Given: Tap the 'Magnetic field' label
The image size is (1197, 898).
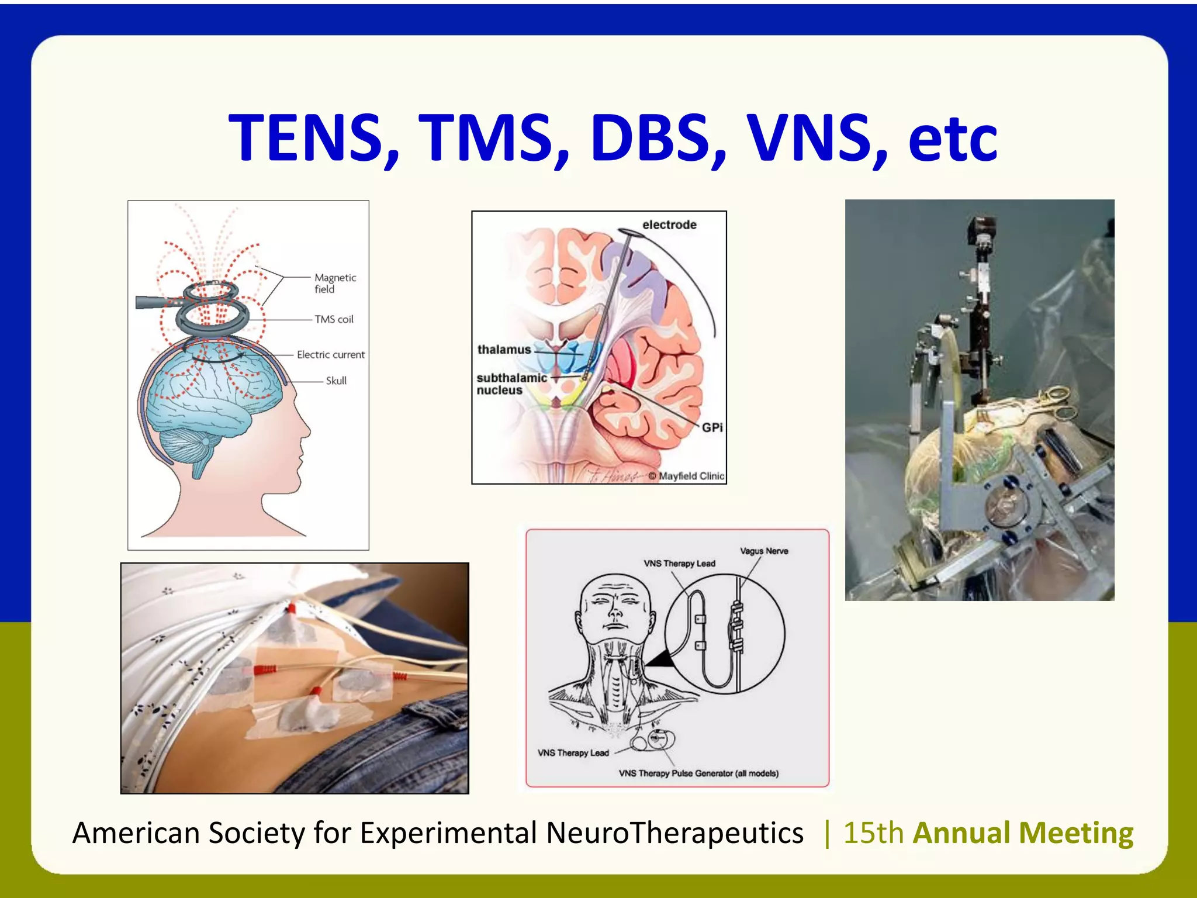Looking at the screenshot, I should coord(334,284).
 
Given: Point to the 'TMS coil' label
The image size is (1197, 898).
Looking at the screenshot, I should coord(334,319).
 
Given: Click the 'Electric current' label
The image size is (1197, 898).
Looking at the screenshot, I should coord(330,354).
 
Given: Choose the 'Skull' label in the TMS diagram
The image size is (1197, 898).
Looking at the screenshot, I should coord(336,381).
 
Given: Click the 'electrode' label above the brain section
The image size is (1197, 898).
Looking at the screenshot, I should coord(669,224).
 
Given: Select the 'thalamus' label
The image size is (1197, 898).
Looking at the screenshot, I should coord(504,350).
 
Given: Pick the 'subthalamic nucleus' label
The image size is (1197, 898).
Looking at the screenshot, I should coord(511,384).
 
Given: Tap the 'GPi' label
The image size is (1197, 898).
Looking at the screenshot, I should coord(712,427).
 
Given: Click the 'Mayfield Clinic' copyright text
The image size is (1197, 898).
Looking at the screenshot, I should coord(691,476).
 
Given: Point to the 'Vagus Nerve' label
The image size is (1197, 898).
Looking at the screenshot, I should coord(764,551).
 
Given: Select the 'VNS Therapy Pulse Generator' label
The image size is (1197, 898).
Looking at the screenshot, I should coord(698,773).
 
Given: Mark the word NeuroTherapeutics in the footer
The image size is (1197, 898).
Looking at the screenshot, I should coord(674,833).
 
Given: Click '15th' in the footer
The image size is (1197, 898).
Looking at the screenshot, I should coord(873,833).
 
